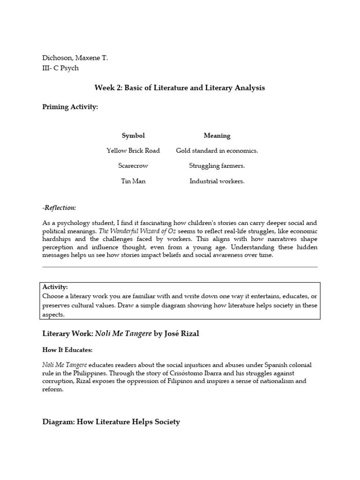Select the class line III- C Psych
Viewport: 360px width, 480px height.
(x=60, y=68)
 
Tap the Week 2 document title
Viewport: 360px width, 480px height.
(x=180, y=88)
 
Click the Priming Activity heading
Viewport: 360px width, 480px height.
(x=70, y=107)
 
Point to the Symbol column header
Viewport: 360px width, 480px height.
(x=133, y=135)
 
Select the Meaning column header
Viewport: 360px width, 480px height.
(x=217, y=135)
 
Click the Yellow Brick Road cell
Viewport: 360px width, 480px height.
(x=133, y=150)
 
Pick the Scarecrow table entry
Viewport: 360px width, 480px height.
(x=133, y=165)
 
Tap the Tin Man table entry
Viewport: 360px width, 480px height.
(x=133, y=181)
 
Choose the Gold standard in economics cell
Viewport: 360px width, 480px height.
(x=217, y=150)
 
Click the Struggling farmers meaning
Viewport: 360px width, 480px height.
(x=217, y=165)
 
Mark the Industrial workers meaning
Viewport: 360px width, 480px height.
(x=217, y=181)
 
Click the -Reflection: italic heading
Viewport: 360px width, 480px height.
(x=59, y=208)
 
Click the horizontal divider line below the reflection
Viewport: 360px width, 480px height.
(x=180, y=267)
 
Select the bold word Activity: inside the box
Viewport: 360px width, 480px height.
(x=55, y=287)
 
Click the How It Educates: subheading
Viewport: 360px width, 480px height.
(x=67, y=350)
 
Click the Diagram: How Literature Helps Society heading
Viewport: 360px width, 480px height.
(x=111, y=422)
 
